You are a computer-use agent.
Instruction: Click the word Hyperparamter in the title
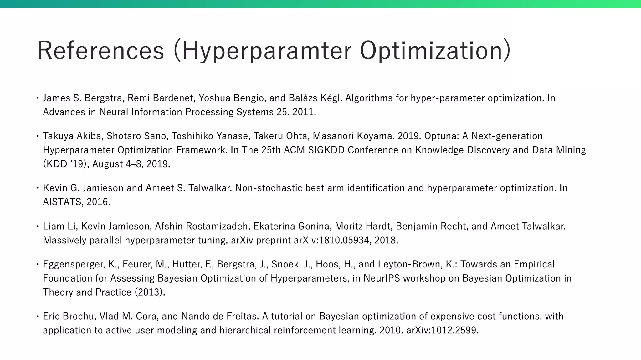tap(267, 51)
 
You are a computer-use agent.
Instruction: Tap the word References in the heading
tap(100, 51)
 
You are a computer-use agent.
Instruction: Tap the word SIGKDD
tap(326, 150)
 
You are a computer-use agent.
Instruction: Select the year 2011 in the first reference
tap(304, 112)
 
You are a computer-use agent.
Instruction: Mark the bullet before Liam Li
tap(37, 226)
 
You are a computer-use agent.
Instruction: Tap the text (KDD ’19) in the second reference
tap(64, 164)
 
